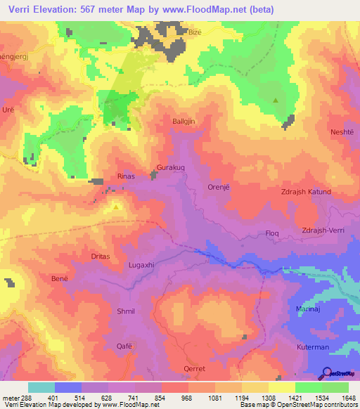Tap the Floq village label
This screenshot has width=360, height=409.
(271, 232)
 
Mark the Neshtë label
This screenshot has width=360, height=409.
(343, 132)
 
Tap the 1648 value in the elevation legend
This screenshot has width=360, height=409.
(340, 398)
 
